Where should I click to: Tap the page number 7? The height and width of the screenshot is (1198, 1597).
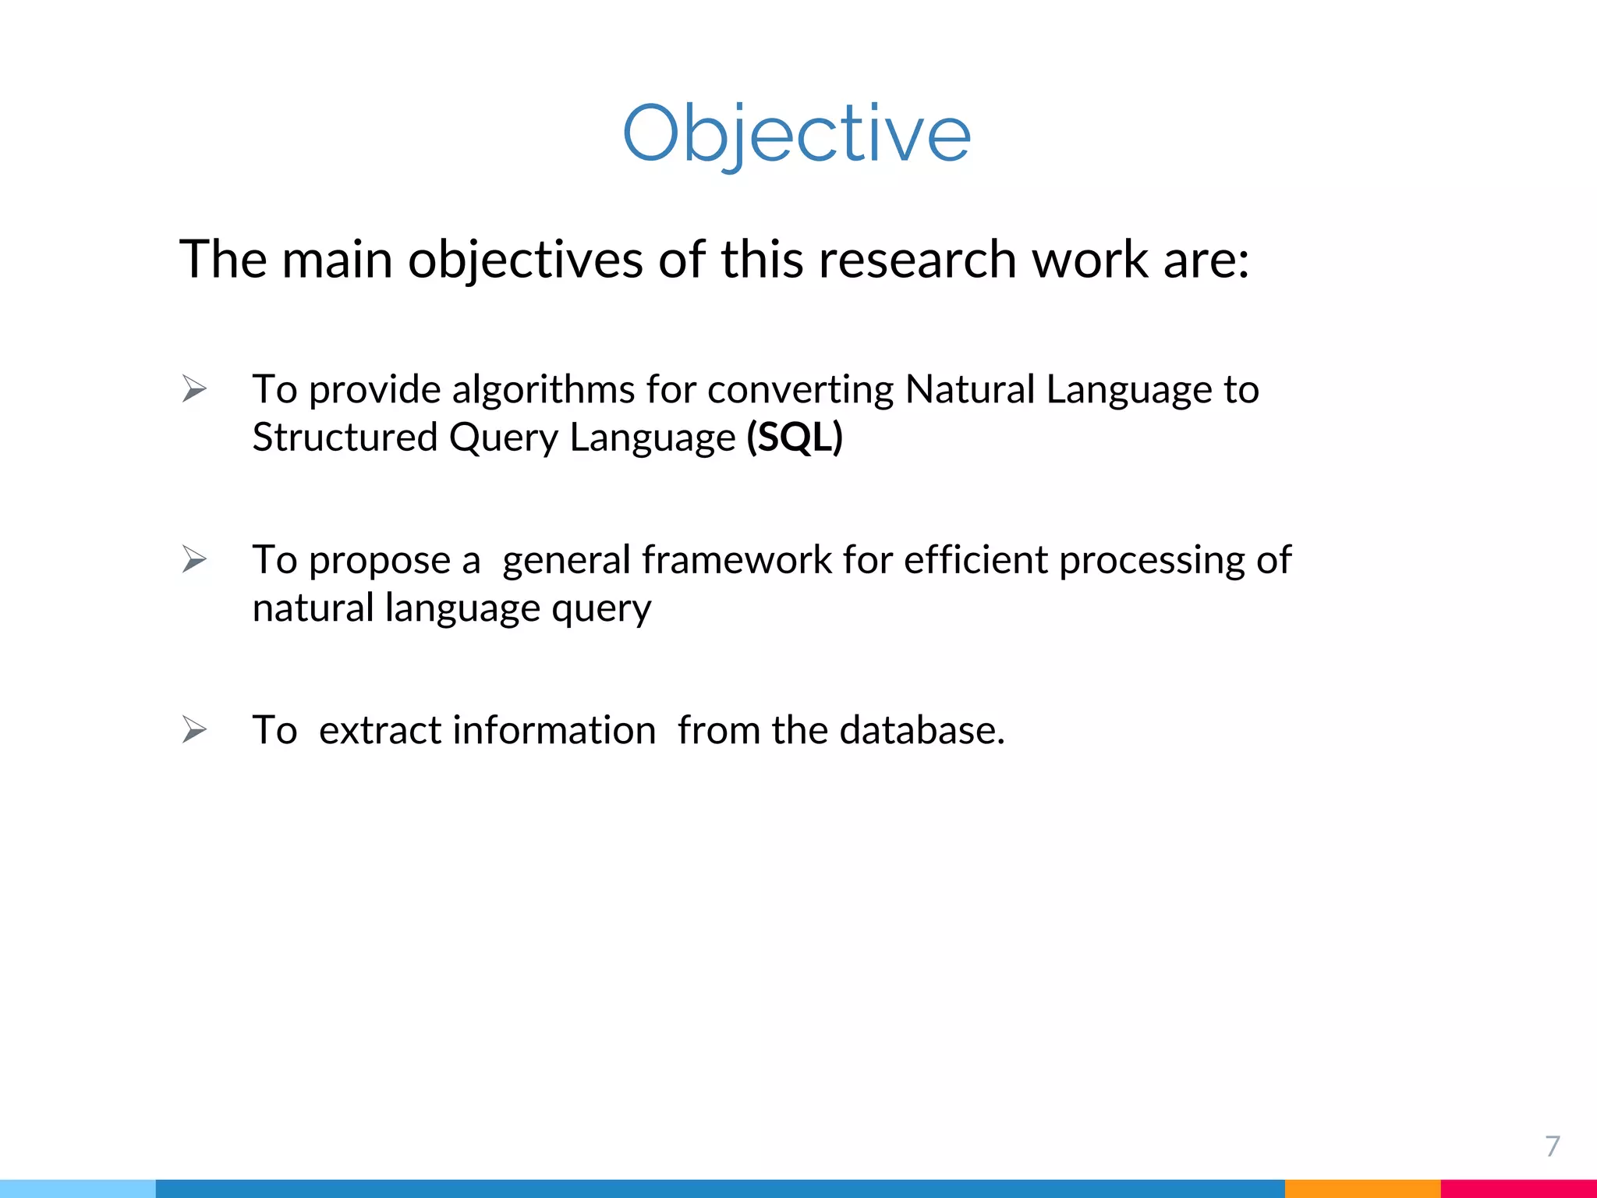1552,1146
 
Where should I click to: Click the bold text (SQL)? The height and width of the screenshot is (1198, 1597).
795,437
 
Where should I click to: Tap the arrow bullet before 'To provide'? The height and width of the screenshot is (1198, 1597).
194,388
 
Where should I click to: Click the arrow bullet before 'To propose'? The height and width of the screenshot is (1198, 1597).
194,559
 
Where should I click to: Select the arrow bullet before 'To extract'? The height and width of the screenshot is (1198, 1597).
194,730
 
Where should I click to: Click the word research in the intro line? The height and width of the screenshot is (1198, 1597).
917,259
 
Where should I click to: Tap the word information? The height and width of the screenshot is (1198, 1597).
554,731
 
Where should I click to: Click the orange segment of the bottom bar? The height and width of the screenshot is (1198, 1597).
1362,1189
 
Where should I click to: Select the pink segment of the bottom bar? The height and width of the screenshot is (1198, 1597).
1518,1189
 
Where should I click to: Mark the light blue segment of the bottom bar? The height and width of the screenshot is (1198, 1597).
78,1189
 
